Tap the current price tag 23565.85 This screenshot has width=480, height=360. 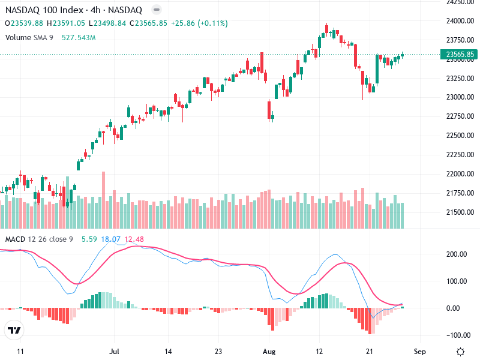click(x=460, y=55)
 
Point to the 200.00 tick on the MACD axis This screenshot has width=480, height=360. click(x=456, y=254)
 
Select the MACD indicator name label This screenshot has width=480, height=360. click(x=15, y=240)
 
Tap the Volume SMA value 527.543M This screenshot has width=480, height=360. click(x=79, y=37)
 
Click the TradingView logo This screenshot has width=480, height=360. click(x=14, y=331)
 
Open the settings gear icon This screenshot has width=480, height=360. click(x=460, y=352)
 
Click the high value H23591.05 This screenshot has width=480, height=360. click(x=67, y=23)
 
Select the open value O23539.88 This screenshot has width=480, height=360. click(x=25, y=23)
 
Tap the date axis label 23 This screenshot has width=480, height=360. click(x=219, y=352)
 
